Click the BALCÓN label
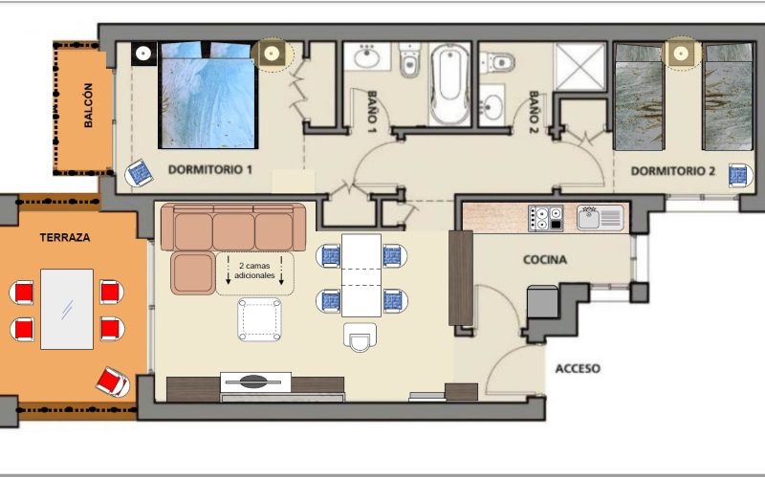(88, 105)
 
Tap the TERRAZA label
(65, 237)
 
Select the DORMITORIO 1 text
(210, 170)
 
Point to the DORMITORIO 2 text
(673, 171)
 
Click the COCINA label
(545, 260)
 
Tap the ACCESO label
(578, 368)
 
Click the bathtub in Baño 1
(449, 84)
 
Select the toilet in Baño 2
(497, 62)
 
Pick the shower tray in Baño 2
(579, 66)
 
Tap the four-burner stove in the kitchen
(546, 218)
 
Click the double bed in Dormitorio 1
(208, 95)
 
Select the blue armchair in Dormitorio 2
(738, 176)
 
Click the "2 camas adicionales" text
(254, 271)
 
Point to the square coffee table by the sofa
(259, 319)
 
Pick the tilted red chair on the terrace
(113, 381)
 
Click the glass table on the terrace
(67, 309)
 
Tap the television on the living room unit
(255, 382)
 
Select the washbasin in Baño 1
(367, 57)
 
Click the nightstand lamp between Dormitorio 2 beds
(682, 53)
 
